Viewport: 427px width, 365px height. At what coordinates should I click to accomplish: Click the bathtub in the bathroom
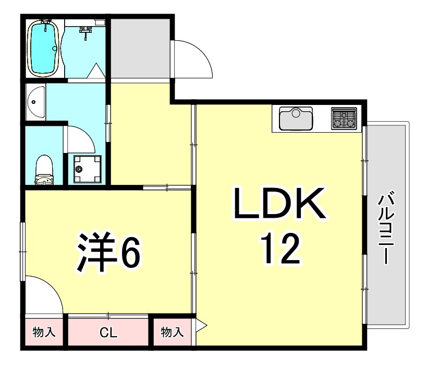[44, 49]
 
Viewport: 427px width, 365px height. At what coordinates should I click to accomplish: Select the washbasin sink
[35, 102]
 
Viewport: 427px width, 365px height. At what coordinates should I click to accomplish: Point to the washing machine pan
[87, 169]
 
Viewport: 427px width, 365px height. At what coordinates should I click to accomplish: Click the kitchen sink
[296, 119]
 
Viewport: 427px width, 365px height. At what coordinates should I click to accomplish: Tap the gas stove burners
[344, 119]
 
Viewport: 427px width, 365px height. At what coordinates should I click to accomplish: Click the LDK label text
[279, 203]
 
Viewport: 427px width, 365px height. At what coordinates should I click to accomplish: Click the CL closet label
[108, 333]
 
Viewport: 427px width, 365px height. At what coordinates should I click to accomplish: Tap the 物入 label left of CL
[44, 332]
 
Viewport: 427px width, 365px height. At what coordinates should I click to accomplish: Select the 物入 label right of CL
[172, 332]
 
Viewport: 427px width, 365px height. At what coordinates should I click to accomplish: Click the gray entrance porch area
[140, 48]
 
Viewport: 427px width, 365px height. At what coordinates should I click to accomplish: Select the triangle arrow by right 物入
[201, 325]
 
